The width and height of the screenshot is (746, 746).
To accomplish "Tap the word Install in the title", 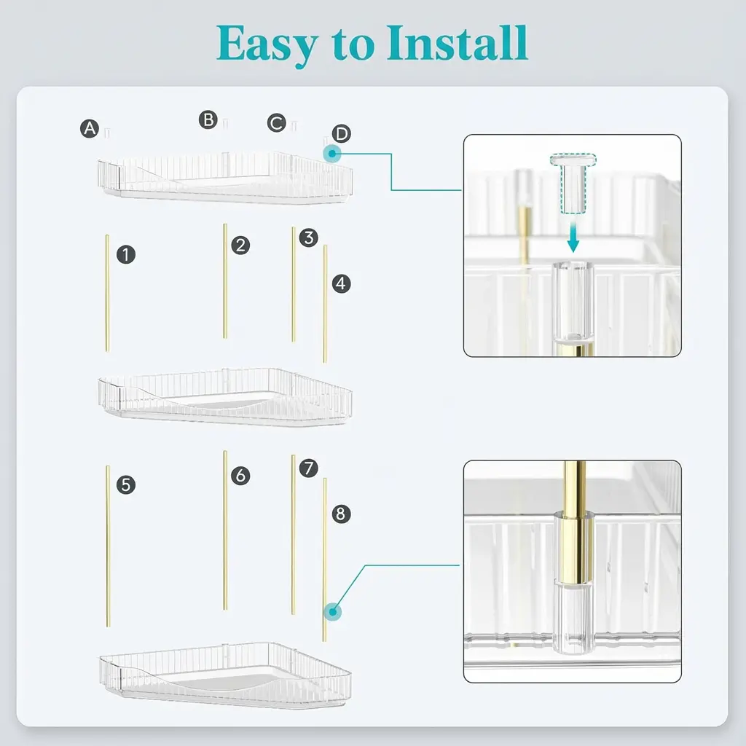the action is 458,43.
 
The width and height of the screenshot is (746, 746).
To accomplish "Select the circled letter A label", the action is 90,128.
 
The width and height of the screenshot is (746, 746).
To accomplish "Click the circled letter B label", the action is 208,120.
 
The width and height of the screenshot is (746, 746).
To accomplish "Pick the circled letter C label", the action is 276,122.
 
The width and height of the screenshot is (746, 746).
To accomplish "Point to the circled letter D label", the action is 341,134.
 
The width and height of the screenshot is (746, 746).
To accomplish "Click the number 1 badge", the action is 125,254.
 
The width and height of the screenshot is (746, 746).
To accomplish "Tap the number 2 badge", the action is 240,246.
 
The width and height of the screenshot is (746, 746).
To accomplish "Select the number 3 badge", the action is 309,237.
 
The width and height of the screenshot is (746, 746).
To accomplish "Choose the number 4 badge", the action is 341,283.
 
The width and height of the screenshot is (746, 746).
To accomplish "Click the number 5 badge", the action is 125,484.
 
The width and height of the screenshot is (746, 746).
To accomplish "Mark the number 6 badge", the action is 240,476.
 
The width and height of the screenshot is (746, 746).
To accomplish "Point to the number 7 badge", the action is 309,468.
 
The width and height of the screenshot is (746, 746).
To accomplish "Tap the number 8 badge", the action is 341,514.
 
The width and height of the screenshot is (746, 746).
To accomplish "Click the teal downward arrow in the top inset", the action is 573,237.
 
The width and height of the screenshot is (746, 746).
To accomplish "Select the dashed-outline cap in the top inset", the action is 573,183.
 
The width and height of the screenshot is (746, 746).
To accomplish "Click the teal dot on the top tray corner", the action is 332,154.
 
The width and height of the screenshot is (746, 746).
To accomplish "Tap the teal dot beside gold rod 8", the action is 332,612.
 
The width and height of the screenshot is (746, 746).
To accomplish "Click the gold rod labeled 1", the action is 107,293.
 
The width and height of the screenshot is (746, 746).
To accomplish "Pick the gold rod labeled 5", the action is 108,546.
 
